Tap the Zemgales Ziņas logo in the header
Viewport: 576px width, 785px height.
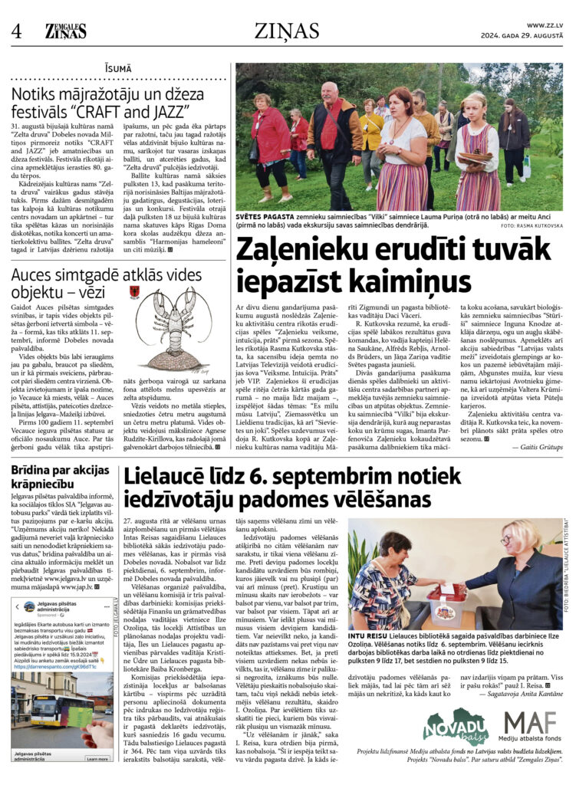click(x=66, y=31)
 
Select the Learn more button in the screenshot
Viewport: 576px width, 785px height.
click(x=97, y=759)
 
